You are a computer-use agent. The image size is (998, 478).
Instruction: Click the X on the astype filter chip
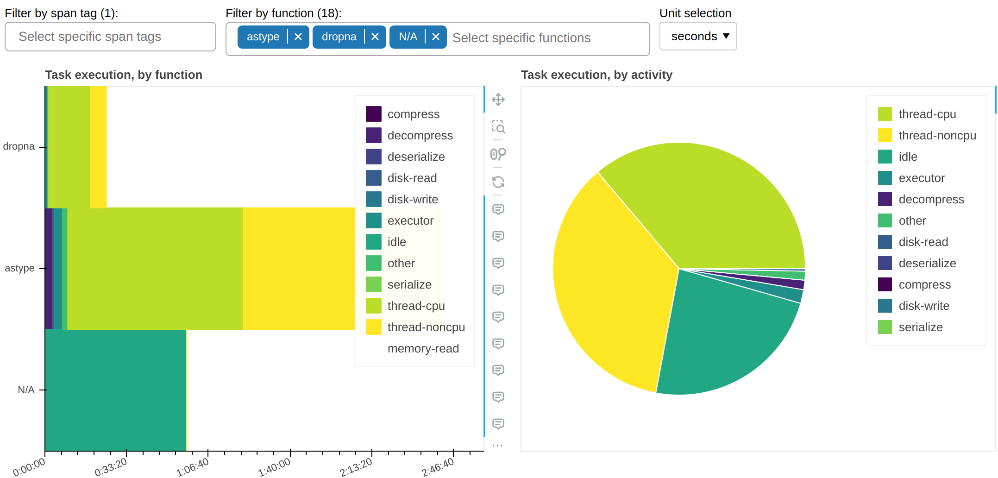point(298,37)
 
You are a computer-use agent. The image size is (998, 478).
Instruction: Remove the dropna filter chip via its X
point(375,37)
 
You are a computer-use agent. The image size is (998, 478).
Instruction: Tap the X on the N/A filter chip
point(435,37)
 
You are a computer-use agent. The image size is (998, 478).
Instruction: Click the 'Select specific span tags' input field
point(110,37)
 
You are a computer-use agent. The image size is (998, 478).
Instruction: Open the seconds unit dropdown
point(698,37)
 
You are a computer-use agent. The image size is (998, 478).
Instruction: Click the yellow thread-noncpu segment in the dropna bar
point(98,147)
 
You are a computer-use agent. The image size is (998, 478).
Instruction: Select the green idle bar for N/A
point(116,390)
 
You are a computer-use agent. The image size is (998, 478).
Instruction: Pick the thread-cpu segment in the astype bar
point(155,269)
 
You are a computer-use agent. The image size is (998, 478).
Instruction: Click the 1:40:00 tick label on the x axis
point(275,467)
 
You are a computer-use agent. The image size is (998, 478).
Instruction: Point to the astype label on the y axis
point(19,268)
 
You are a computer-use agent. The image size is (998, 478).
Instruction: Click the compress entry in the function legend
point(413,114)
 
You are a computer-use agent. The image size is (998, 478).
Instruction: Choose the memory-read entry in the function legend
point(423,348)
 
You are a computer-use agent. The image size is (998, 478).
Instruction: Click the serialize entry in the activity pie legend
point(920,327)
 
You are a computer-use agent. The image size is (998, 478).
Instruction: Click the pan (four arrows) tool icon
point(498,100)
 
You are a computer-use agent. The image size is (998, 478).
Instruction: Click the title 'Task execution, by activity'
point(596,75)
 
